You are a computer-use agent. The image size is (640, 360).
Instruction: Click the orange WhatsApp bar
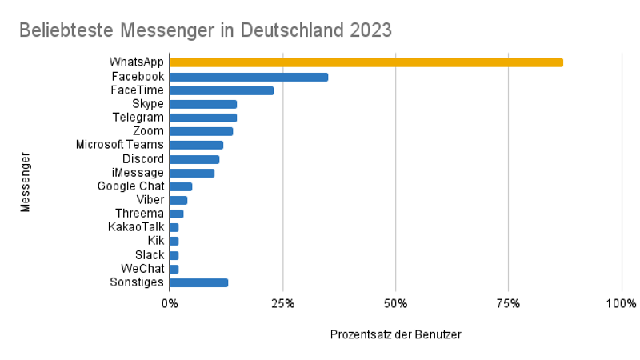(x=366, y=62)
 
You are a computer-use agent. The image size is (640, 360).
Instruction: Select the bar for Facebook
(x=249, y=77)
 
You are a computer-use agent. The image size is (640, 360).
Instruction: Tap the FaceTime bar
(x=222, y=90)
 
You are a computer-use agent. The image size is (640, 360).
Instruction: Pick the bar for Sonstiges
(x=198, y=282)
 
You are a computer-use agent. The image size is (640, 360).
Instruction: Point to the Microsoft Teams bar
(x=196, y=145)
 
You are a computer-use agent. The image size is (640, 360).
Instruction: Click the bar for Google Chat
(x=181, y=186)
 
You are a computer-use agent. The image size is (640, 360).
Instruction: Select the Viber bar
(x=178, y=200)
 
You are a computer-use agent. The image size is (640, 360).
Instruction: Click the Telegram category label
(x=138, y=118)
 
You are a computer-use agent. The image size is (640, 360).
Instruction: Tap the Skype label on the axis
(x=148, y=104)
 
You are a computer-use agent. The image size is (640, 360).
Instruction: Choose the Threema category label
(x=139, y=214)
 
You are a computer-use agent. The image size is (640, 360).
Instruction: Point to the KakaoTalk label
(x=136, y=227)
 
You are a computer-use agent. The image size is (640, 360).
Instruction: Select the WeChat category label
(x=142, y=269)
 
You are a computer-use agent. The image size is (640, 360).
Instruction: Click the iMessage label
(x=138, y=173)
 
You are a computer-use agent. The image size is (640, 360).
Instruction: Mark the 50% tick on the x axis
(x=395, y=304)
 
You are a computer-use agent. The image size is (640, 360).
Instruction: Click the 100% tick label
(x=621, y=304)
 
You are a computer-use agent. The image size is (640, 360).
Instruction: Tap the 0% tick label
(x=170, y=304)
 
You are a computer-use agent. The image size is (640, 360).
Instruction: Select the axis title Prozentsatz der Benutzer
(x=395, y=334)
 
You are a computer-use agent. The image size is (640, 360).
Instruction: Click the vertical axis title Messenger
(x=26, y=182)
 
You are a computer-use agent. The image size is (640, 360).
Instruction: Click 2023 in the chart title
(x=370, y=30)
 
